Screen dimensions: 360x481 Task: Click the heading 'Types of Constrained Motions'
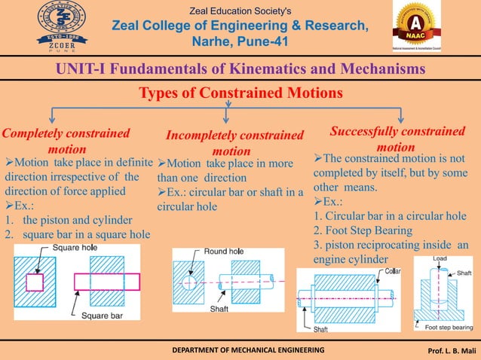pos(240,93)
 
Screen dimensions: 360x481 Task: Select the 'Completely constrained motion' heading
pos(66,141)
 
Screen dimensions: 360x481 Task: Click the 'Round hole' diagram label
pos(222,251)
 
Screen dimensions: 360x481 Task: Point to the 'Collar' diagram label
pos(392,270)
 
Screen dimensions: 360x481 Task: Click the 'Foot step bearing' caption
pos(449,328)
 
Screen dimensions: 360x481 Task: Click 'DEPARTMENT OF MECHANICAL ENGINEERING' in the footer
pos(239,351)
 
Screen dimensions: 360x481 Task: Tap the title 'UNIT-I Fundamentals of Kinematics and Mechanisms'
pos(240,69)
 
